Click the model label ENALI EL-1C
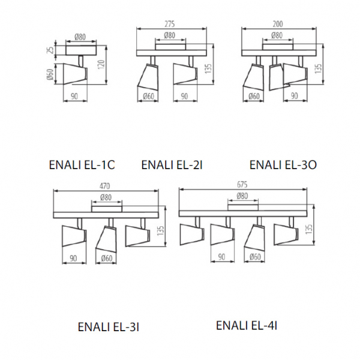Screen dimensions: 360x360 [x=83, y=164]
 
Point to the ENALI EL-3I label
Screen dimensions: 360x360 [x=109, y=327]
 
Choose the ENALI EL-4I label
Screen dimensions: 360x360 [x=246, y=325]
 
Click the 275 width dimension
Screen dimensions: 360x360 [x=170, y=24]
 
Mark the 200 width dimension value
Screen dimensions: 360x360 [x=277, y=24]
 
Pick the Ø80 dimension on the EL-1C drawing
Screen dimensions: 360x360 [x=80, y=37]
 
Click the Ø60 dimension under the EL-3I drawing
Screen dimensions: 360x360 [x=107, y=259]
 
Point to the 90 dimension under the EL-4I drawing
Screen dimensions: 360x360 [x=221, y=257]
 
